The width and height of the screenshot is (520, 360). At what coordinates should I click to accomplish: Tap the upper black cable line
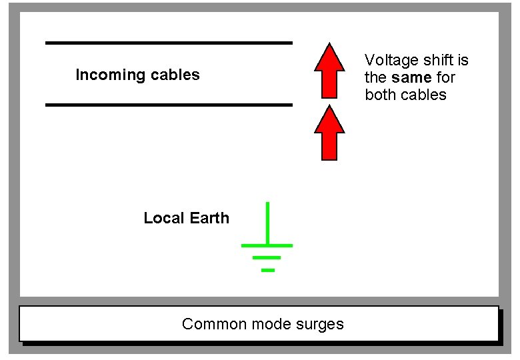169,43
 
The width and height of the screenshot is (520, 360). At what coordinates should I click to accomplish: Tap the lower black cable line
169,105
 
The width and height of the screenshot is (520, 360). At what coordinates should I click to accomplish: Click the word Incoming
105,75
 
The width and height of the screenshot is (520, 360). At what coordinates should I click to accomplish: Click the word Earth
208,218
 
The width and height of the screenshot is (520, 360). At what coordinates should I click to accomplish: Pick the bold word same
411,77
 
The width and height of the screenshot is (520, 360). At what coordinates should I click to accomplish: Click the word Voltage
388,60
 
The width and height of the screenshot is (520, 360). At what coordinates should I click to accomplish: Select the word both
380,95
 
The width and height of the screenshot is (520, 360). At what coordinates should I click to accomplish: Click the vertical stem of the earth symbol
267,223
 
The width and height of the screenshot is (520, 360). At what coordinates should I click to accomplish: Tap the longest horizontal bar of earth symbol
267,245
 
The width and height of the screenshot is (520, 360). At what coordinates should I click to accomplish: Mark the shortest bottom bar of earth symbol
267,270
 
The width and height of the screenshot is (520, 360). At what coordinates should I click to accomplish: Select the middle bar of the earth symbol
267,257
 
